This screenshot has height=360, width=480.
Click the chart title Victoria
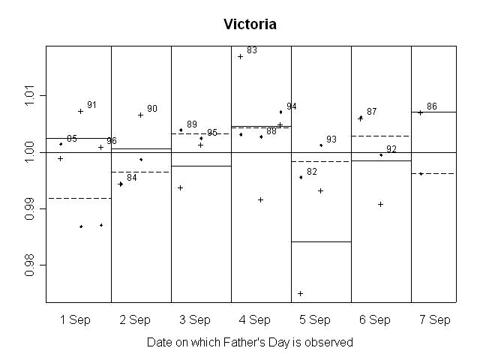(x=250, y=25)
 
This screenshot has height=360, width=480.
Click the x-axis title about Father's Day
(x=250, y=342)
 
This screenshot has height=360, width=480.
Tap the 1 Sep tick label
(x=75, y=319)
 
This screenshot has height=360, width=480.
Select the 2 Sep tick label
(x=135, y=319)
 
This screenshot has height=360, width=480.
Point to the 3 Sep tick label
(x=195, y=319)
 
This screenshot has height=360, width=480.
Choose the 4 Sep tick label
(x=255, y=319)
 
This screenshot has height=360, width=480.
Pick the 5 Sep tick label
(x=315, y=319)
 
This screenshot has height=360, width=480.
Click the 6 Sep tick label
(x=375, y=319)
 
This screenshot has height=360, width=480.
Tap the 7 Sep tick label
(x=435, y=319)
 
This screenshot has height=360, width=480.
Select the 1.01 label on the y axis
(x=29, y=96)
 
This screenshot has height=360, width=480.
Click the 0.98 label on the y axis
(x=29, y=265)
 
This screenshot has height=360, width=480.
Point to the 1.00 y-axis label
(x=29, y=152)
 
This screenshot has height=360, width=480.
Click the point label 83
(x=252, y=50)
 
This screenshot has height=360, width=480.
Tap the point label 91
(x=92, y=105)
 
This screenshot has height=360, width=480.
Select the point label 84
(x=132, y=178)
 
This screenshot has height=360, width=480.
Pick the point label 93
(x=331, y=139)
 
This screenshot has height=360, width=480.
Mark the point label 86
(x=432, y=106)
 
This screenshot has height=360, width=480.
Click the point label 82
(x=312, y=172)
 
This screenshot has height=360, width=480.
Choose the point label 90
(x=152, y=109)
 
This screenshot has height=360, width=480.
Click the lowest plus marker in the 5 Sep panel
(x=301, y=293)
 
